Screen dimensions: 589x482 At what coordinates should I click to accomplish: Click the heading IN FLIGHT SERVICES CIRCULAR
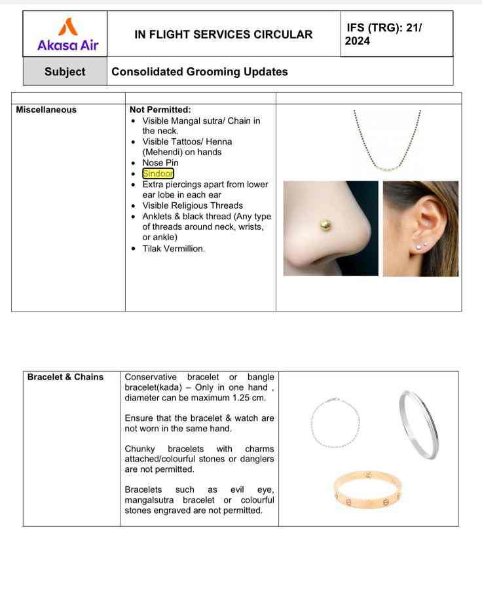click(x=223, y=35)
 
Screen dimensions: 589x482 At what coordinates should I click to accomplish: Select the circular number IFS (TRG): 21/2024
click(x=384, y=35)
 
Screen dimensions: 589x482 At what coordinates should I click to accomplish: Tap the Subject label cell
click(x=65, y=71)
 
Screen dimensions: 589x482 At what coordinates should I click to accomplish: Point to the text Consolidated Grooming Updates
click(x=200, y=71)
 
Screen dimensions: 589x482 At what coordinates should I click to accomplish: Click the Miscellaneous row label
click(x=46, y=110)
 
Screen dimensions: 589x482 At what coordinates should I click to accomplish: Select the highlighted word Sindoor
click(x=158, y=173)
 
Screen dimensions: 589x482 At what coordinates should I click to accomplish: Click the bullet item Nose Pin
click(x=160, y=163)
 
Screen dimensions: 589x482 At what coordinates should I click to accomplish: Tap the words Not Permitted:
click(x=160, y=110)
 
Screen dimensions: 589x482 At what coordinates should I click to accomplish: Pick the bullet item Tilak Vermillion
click(x=173, y=249)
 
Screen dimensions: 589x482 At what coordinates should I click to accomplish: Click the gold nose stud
click(x=325, y=226)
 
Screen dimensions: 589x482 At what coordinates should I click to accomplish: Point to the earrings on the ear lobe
click(x=422, y=245)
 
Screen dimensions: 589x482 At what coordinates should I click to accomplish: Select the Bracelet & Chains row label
click(x=65, y=377)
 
